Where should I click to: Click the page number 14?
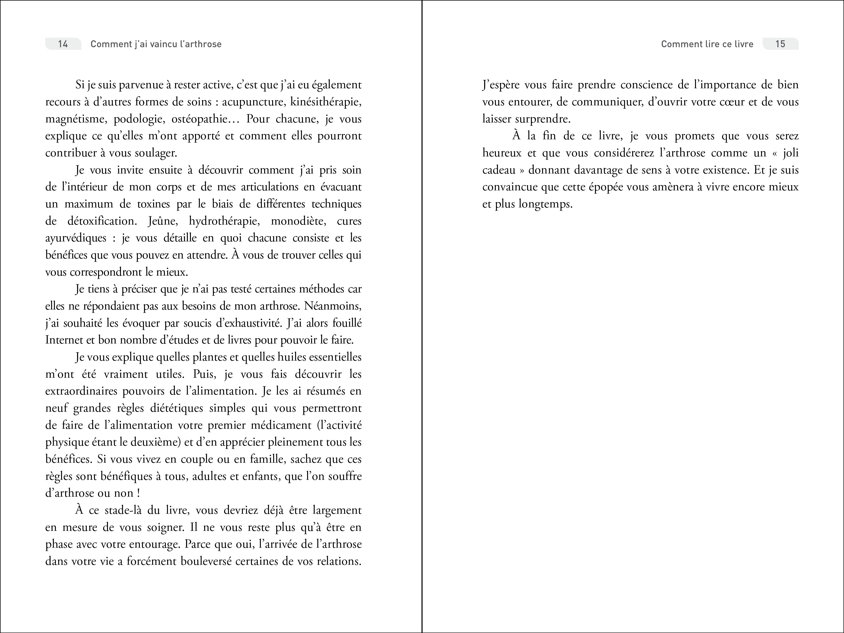tap(63, 44)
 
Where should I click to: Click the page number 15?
tap(780, 44)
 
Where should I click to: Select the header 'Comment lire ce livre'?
tap(707, 44)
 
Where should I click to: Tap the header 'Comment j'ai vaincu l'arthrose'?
tap(156, 44)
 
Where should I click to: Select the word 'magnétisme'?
tap(76, 119)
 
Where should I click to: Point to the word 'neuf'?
tap(56, 408)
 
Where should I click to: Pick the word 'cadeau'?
tap(499, 170)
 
